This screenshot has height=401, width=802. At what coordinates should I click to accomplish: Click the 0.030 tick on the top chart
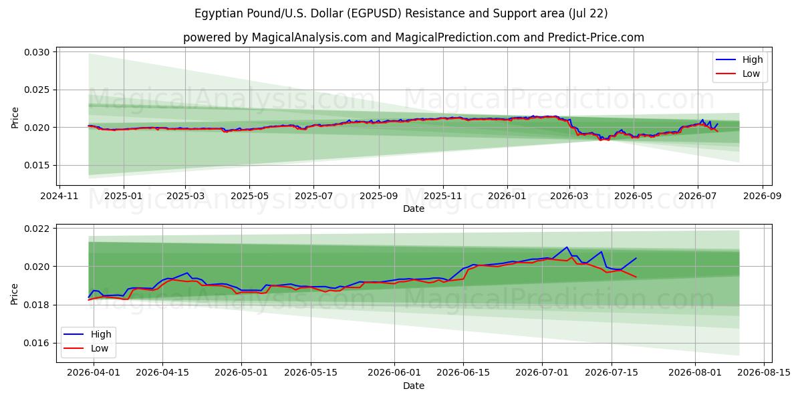pos(37,52)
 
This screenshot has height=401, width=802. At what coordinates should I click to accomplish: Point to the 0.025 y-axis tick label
pos(37,90)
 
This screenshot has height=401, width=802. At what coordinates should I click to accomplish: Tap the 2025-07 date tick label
pos(313,196)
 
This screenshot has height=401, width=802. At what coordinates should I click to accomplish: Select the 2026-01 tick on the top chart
pos(507,196)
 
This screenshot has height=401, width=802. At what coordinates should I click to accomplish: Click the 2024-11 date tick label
pos(59,196)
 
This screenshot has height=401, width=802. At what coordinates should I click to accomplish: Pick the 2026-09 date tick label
pos(763,196)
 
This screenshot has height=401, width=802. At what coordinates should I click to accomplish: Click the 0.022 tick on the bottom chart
pos(37,229)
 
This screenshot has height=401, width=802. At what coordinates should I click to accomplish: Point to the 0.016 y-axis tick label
pos(37,344)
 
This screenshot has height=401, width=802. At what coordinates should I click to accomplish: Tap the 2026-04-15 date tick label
pos(162,373)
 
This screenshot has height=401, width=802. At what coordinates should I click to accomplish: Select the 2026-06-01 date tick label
pos(394,373)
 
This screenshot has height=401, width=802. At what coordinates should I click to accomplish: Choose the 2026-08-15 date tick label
pos(764,373)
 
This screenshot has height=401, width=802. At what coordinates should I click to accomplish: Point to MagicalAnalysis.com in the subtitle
pos(309,37)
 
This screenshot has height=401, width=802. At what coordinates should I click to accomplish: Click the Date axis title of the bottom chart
pos(414,386)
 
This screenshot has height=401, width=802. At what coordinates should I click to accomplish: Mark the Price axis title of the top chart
pos(15,118)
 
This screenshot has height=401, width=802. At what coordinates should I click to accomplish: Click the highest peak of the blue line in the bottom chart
pos(567,247)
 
